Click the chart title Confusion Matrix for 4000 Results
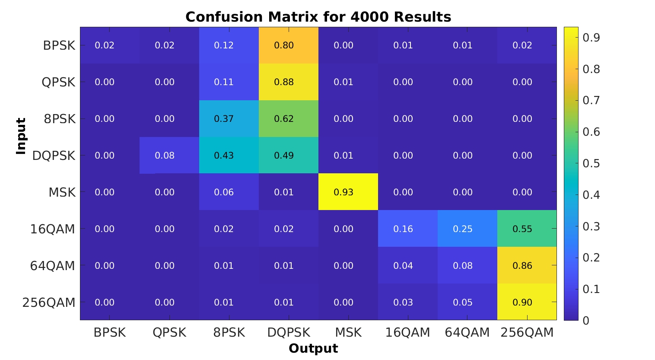coord(318,17)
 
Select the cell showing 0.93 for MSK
coord(343,192)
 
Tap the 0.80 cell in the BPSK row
coord(284,45)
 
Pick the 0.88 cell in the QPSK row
coord(284,82)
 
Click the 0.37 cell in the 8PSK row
coord(224,119)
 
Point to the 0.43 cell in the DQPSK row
coord(224,156)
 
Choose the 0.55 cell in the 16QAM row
coord(522,229)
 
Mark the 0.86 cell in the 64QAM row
coord(522,266)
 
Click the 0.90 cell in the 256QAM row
coord(522,303)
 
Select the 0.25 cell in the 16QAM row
coord(463,229)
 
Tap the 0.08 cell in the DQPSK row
coord(165,156)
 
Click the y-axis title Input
coord(21,136)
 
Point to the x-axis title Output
coord(313,349)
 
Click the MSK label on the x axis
coord(348,333)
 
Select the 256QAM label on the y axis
coord(49,303)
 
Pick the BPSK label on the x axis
coord(110,333)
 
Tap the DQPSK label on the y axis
coord(54,156)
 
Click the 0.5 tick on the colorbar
coord(591,163)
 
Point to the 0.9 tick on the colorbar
coord(591,38)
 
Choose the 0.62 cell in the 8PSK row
coord(284,119)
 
